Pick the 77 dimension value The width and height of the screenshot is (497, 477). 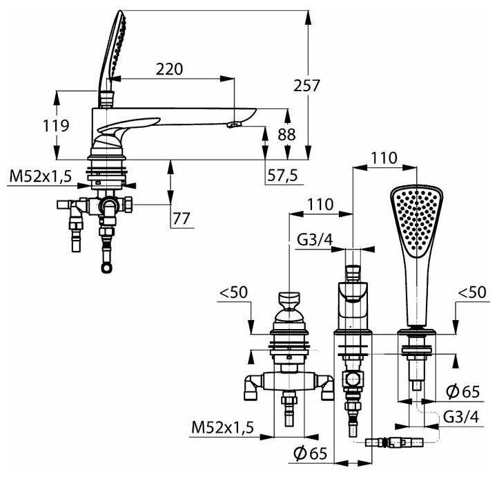(x=182, y=218)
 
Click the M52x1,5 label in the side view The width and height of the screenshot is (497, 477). (x=40, y=178)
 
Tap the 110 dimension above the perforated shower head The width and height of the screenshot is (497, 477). (x=384, y=158)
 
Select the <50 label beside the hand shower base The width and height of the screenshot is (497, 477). (x=473, y=294)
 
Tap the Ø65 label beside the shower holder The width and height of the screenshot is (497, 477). (x=462, y=391)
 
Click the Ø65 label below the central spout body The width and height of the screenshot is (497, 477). (x=309, y=453)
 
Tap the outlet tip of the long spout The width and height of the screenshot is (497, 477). (x=233, y=125)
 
